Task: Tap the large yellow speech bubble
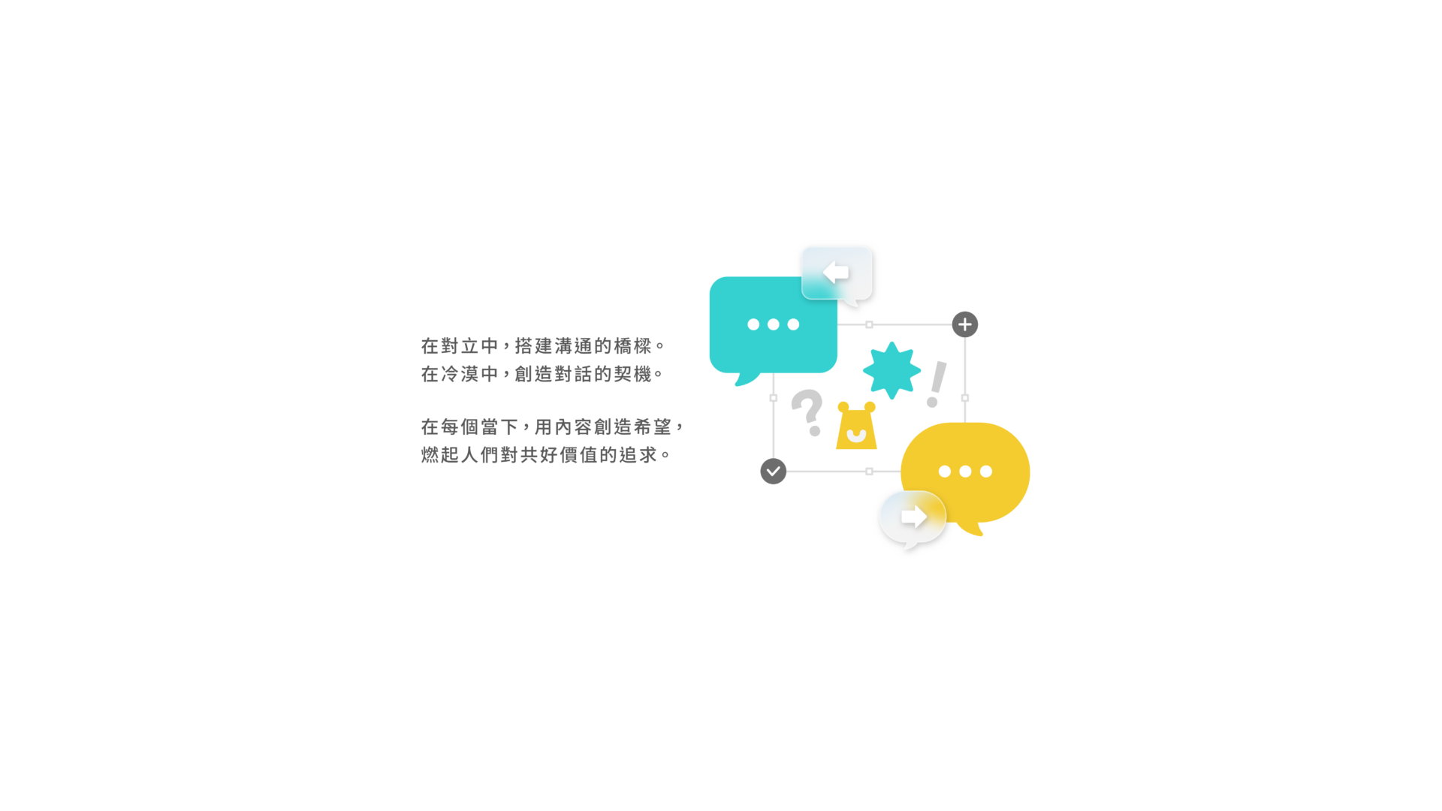click(965, 473)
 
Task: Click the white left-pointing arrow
click(835, 272)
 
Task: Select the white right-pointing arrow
click(914, 517)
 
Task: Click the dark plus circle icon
click(965, 324)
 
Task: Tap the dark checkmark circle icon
click(773, 472)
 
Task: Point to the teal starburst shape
click(891, 370)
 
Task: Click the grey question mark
click(807, 412)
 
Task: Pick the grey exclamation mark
click(936, 384)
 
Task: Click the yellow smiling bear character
click(856, 426)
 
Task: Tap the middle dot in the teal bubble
click(773, 324)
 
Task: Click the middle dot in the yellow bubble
click(965, 472)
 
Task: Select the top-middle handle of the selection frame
click(869, 324)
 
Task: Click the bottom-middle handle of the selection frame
click(869, 472)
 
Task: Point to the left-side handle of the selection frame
click(774, 398)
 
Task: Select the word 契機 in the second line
click(633, 374)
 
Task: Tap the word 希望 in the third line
click(653, 427)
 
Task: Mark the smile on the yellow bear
click(856, 436)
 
